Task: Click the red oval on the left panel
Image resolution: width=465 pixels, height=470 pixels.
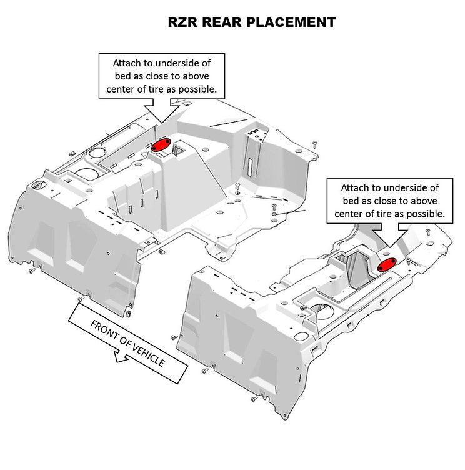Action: click(162, 145)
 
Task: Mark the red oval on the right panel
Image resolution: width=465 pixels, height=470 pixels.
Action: click(387, 264)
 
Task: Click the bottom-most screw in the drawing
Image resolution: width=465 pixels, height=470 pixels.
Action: click(253, 397)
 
